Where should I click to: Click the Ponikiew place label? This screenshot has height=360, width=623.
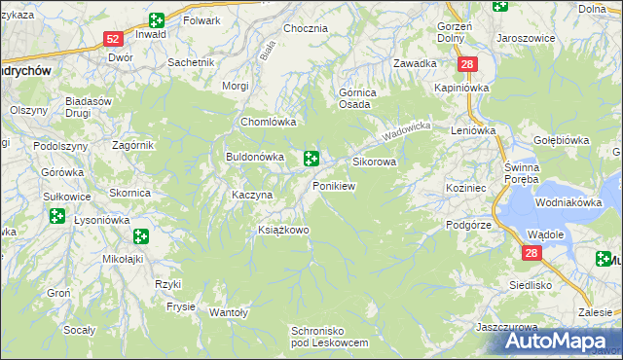coord(333,186)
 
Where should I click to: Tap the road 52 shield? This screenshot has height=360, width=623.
coord(113,39)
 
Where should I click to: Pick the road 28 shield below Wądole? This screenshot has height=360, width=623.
coord(531,254)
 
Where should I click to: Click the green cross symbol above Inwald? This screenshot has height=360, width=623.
coord(157,19)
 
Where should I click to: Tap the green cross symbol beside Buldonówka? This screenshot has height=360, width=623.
coord(311,158)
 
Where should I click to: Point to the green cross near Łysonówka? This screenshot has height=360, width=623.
coord(141,235)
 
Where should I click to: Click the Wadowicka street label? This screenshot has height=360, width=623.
coord(406,128)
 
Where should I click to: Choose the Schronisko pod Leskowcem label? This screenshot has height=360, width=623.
coord(329,338)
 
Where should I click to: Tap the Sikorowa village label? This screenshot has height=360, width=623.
coord(375,162)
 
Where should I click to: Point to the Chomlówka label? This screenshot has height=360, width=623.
coord(268,123)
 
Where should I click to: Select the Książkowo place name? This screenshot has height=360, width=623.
coord(282,231)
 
